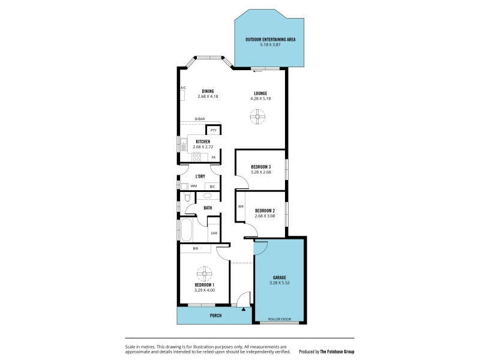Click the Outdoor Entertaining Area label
point(270,40)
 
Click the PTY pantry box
point(214,130)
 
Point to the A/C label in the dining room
point(182,88)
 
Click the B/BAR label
point(199,119)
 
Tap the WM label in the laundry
point(193,186)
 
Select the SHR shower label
point(214,233)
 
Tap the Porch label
point(215,315)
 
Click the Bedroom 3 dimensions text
point(261,172)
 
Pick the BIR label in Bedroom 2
point(241,206)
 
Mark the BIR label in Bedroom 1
point(196,248)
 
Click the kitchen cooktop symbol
point(196,157)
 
